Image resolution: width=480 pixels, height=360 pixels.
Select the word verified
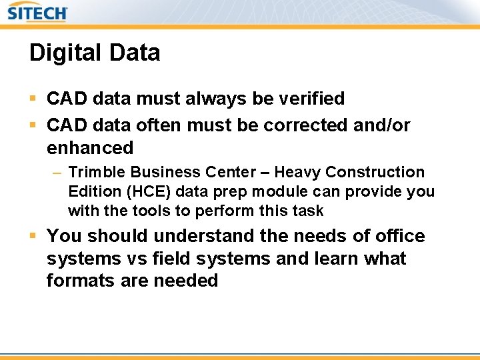coord(309,99)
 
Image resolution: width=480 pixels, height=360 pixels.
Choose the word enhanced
coord(90,147)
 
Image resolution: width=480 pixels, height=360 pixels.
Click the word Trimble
coord(94,172)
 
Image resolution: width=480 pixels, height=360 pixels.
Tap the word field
coord(170,258)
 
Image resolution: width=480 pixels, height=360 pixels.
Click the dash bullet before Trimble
coord(57,172)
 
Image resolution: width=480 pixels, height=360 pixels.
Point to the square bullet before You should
coord(33,236)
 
